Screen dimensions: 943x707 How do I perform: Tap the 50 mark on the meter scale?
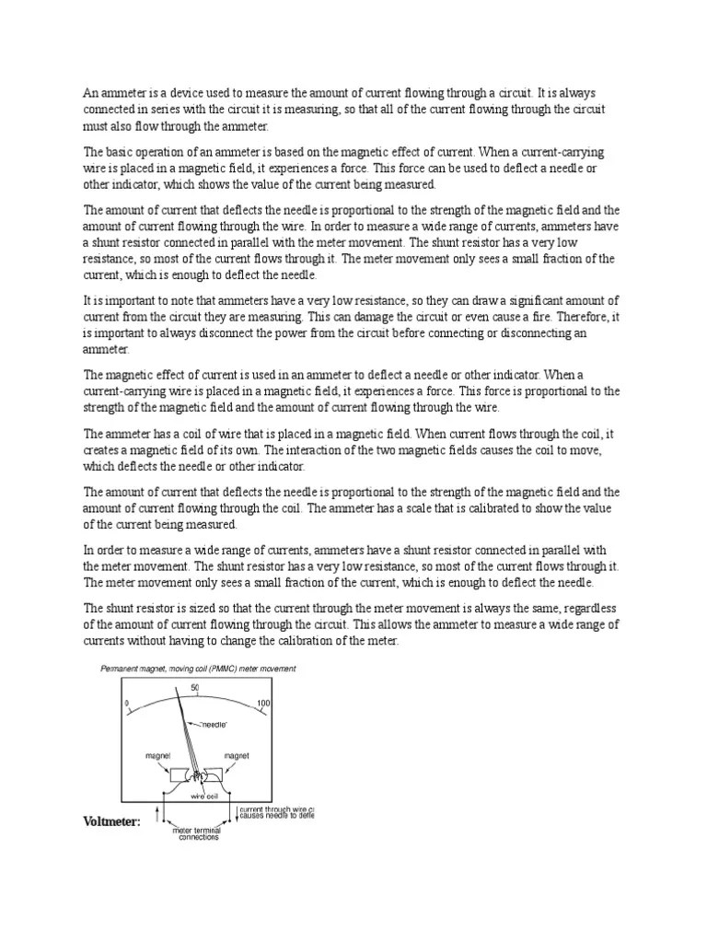point(195,688)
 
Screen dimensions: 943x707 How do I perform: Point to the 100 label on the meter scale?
point(263,704)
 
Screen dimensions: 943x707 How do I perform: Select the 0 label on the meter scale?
point(126,704)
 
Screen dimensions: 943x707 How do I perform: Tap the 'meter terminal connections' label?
point(198,832)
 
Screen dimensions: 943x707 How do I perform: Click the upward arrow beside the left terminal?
point(162,813)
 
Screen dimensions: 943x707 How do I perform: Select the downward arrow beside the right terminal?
point(233,813)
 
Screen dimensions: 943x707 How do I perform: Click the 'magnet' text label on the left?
point(158,755)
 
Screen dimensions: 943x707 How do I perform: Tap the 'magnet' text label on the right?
point(237,755)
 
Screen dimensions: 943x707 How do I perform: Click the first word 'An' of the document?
point(90,92)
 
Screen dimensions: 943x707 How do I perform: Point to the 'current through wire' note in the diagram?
point(276,811)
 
